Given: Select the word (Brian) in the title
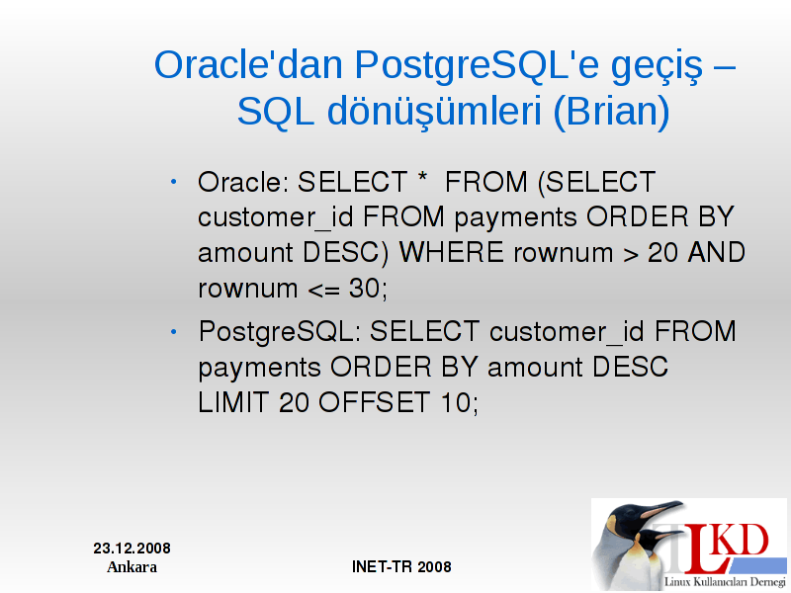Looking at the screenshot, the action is pos(611,112).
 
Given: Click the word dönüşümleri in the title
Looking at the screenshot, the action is pos(434,112).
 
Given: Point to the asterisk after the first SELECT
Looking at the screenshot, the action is pos(423,178).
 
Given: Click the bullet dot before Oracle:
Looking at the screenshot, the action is pos(174,182).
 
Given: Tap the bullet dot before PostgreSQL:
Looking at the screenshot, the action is pos(174,331).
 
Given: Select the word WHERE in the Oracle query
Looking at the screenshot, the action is pos(452,252).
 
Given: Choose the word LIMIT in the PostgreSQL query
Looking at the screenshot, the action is pos(232,402).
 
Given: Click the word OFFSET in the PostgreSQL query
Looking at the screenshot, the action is pos(374,402).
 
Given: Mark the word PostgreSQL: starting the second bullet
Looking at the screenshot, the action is pos(280,333).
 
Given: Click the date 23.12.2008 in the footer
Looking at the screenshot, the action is pos(132,549).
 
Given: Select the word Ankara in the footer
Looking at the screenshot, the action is pos(132,567).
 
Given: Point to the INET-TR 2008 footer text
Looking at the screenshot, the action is pos(401,566).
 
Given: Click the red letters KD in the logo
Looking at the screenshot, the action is pos(742,541).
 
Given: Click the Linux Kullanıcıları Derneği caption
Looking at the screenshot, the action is pos(725,582).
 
